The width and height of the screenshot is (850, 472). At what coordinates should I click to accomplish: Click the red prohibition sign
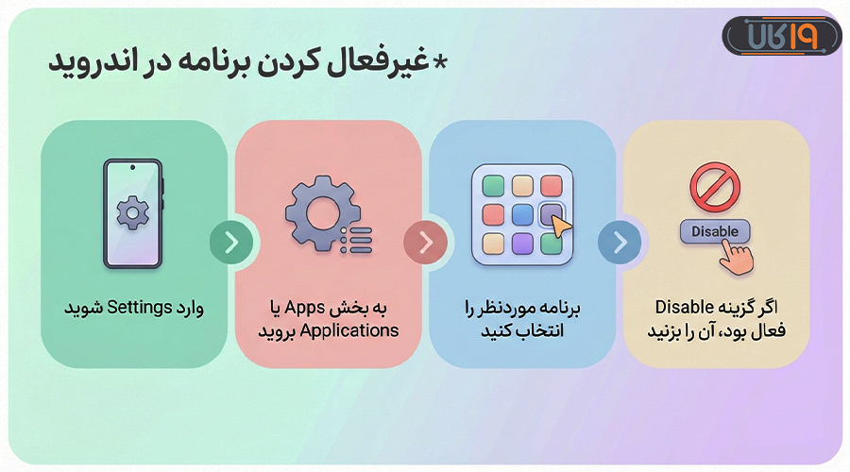tap(715, 185)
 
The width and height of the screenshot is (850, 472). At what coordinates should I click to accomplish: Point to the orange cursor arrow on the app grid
tap(561, 226)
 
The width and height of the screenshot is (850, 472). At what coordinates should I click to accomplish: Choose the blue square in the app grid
tap(522, 214)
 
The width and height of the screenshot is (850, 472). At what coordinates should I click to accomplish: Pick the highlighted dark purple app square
tap(551, 213)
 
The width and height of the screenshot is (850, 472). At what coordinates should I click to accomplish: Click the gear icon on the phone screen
tap(132, 213)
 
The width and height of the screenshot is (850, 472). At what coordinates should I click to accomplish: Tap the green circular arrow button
tap(230, 242)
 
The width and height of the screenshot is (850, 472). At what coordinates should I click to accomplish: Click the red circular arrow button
tap(425, 243)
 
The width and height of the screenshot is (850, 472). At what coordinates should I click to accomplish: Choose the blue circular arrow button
tap(620, 243)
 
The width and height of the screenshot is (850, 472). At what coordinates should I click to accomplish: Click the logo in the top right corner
tap(781, 37)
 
